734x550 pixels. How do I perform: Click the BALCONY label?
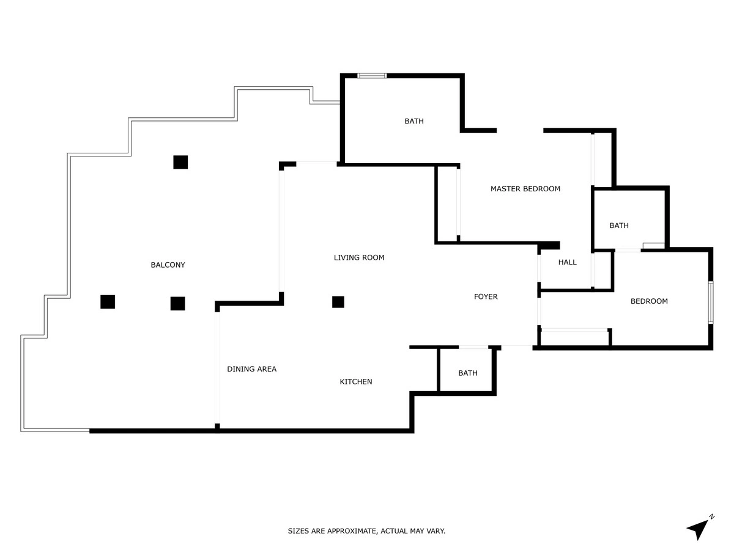pos(168,265)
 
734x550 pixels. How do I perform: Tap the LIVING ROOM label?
pos(359,257)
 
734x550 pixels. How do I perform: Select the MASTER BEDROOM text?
pos(525,189)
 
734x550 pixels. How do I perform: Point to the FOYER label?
pos(486,296)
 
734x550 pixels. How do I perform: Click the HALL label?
pos(567,262)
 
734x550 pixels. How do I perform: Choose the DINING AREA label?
pos(251,369)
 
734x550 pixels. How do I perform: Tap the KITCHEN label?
pos(356,382)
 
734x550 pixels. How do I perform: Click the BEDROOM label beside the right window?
pos(649,301)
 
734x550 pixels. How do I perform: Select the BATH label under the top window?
pos(414,121)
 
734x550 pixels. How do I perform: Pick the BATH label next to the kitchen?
pos(467,373)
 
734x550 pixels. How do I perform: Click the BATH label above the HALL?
pos(619,226)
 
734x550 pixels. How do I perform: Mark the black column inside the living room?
pos(338,302)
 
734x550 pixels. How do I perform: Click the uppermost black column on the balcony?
pos(180,163)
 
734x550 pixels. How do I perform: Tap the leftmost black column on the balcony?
pos(108,302)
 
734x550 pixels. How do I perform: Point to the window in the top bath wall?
pos(372,76)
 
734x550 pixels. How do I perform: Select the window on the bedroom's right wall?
pos(711,302)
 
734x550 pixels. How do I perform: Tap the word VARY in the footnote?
pos(436,531)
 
